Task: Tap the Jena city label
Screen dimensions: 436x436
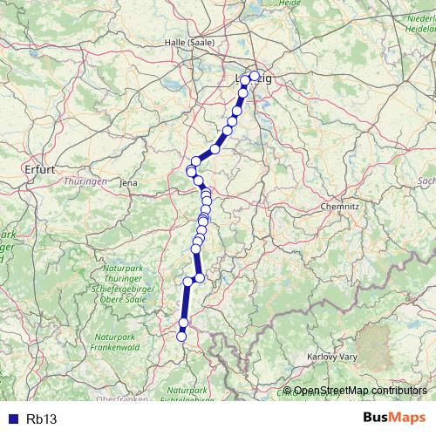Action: [129, 183]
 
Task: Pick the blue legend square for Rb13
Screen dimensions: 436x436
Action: [11, 419]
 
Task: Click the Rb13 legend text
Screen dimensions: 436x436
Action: [41, 419]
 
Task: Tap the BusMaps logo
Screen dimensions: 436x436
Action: [393, 418]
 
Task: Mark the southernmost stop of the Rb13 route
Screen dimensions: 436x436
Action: [181, 336]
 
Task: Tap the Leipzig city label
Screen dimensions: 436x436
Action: [254, 79]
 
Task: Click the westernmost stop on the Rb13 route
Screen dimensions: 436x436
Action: [191, 169]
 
